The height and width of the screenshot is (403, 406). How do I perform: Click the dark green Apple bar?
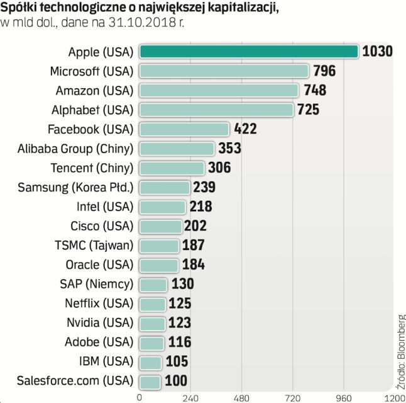(x=248, y=51)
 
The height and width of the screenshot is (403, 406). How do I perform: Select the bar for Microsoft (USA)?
(x=224, y=71)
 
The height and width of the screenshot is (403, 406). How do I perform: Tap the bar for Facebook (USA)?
(x=184, y=129)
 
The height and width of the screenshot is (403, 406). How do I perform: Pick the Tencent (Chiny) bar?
(x=172, y=168)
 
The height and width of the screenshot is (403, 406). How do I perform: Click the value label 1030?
(x=378, y=51)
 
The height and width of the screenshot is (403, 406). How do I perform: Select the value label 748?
(x=315, y=90)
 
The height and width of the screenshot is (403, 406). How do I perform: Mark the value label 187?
(x=194, y=246)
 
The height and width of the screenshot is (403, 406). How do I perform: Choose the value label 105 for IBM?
(x=177, y=362)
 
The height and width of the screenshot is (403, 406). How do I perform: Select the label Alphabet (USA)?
(x=92, y=110)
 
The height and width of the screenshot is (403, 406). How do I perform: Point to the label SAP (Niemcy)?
(x=99, y=284)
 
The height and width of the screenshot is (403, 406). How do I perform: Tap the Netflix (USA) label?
(x=99, y=304)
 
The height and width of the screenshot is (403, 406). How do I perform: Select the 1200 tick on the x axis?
(x=394, y=398)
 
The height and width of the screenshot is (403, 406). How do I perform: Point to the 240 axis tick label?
(x=190, y=398)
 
